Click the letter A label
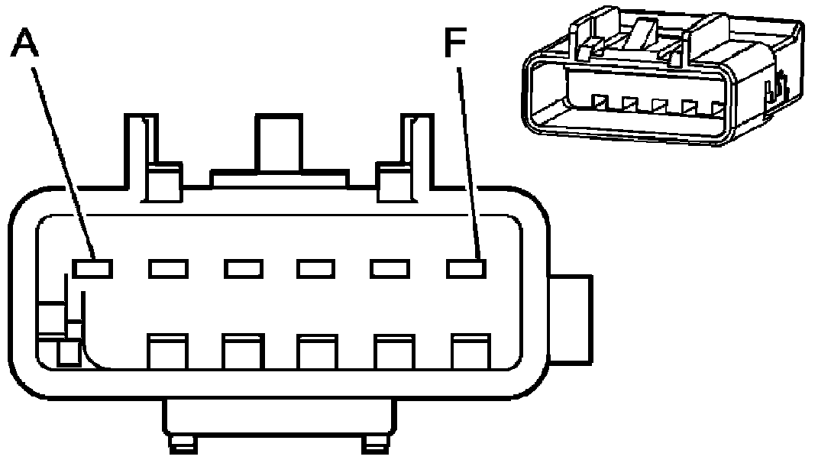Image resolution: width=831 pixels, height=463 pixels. [x=25, y=44]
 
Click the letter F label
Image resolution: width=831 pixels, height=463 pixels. [x=456, y=45]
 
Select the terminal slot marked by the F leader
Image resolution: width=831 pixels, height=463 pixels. [x=466, y=268]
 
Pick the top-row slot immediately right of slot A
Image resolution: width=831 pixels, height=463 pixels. [x=168, y=268]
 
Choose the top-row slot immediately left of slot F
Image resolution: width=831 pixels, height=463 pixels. [x=390, y=268]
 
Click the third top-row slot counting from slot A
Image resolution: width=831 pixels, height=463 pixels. [x=243, y=268]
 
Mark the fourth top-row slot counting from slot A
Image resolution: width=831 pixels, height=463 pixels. [x=316, y=268]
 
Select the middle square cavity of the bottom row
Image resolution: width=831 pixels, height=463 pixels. [x=316, y=351]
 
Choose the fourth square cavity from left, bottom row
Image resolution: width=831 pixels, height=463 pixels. [x=393, y=351]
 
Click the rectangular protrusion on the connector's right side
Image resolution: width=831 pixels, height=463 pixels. [x=573, y=319]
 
